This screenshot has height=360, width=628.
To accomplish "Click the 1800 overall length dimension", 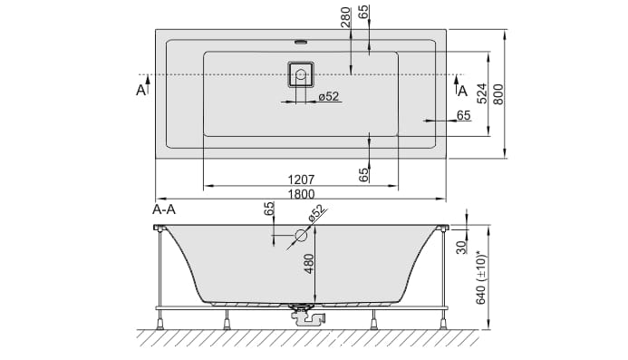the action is coord(301,194).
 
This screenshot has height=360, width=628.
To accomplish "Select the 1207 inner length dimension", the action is coord(301,180).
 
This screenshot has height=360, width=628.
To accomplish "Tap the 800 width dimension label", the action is coord(498,94).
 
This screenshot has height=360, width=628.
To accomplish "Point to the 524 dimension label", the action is coord(482,93).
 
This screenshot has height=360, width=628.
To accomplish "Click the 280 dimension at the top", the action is coord(345,17).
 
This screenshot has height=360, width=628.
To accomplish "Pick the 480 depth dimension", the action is coord(309,263).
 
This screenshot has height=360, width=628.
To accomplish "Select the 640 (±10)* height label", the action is coord(480,277).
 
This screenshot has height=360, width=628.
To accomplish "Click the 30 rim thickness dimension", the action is coord(462,247).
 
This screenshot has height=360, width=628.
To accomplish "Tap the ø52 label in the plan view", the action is coord(329,96).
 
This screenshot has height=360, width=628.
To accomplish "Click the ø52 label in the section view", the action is coord(316,214).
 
